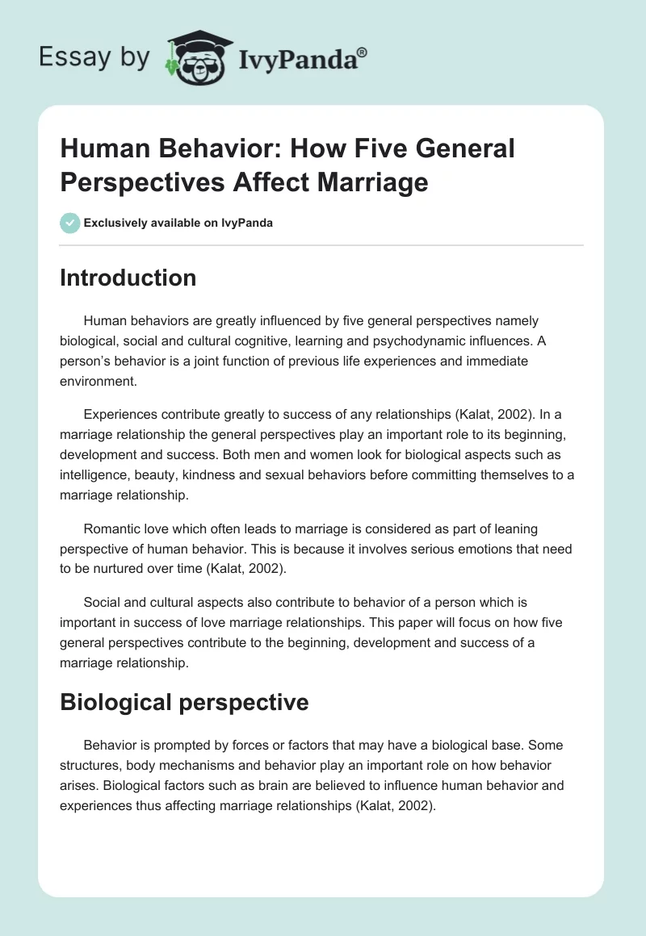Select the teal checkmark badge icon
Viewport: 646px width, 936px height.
click(69, 223)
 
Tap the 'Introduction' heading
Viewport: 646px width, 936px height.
click(128, 278)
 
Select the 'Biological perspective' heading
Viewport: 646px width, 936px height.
click(184, 702)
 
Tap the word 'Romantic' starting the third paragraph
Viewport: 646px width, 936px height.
click(111, 529)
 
